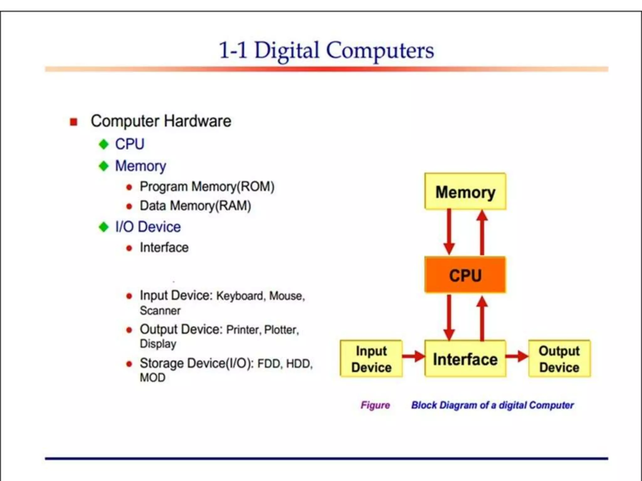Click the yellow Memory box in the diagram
point(465,191)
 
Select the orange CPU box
point(465,275)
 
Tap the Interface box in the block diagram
point(465,359)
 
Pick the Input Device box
point(371,359)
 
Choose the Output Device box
point(559,359)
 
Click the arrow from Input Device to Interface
point(413,356)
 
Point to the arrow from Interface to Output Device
point(517,356)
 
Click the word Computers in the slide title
point(380,51)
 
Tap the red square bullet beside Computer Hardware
point(74,122)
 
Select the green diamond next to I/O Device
point(103,227)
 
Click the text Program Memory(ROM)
point(207,187)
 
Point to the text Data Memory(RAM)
point(195,206)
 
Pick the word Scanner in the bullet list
point(160,311)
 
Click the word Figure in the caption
point(375,405)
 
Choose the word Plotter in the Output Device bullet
point(281,330)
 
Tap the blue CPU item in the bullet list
point(130,144)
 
